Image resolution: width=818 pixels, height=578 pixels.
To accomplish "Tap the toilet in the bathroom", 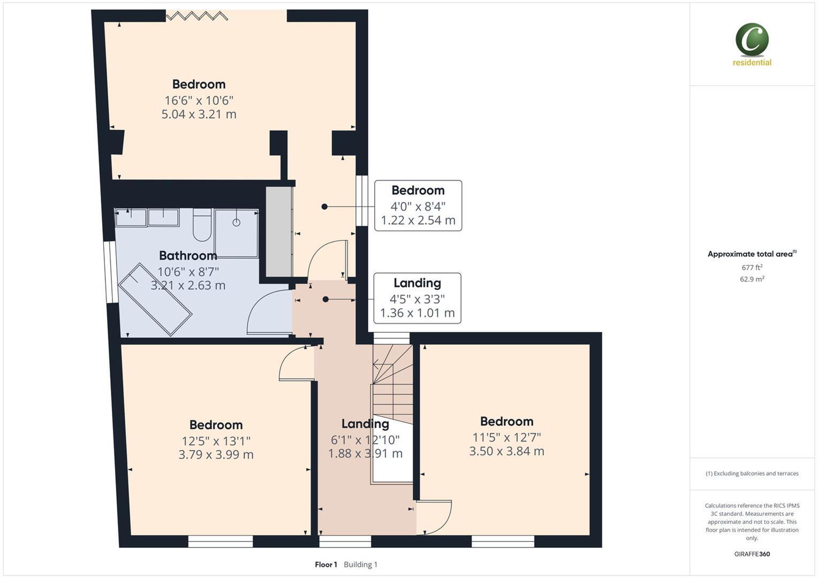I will [x=202, y=225].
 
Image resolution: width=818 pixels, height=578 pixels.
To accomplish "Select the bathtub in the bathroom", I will [x=155, y=299].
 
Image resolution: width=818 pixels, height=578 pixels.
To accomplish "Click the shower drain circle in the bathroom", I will [x=236, y=222].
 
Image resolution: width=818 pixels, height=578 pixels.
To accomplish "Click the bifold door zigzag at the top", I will [x=196, y=16].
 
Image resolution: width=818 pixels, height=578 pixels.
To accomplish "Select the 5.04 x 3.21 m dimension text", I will [x=199, y=114].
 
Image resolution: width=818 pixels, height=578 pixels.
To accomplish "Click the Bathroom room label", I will [x=188, y=255].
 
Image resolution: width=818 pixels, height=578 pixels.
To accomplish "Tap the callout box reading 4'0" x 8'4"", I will [x=418, y=206].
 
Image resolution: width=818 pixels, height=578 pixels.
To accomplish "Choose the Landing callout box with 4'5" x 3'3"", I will [x=417, y=298].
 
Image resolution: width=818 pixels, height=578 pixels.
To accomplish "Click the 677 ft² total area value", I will [x=752, y=268].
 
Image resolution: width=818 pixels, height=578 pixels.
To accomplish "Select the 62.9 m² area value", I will [x=752, y=279].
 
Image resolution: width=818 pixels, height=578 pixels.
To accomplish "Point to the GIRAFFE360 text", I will [x=752, y=554].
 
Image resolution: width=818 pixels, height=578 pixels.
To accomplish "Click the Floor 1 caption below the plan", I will [x=325, y=565].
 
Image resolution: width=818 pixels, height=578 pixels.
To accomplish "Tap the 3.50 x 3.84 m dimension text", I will [x=506, y=451].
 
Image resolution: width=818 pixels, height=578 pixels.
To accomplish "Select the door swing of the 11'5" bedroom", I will [x=434, y=517].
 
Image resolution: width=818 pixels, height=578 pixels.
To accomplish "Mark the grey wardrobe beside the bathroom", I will [x=279, y=231].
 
